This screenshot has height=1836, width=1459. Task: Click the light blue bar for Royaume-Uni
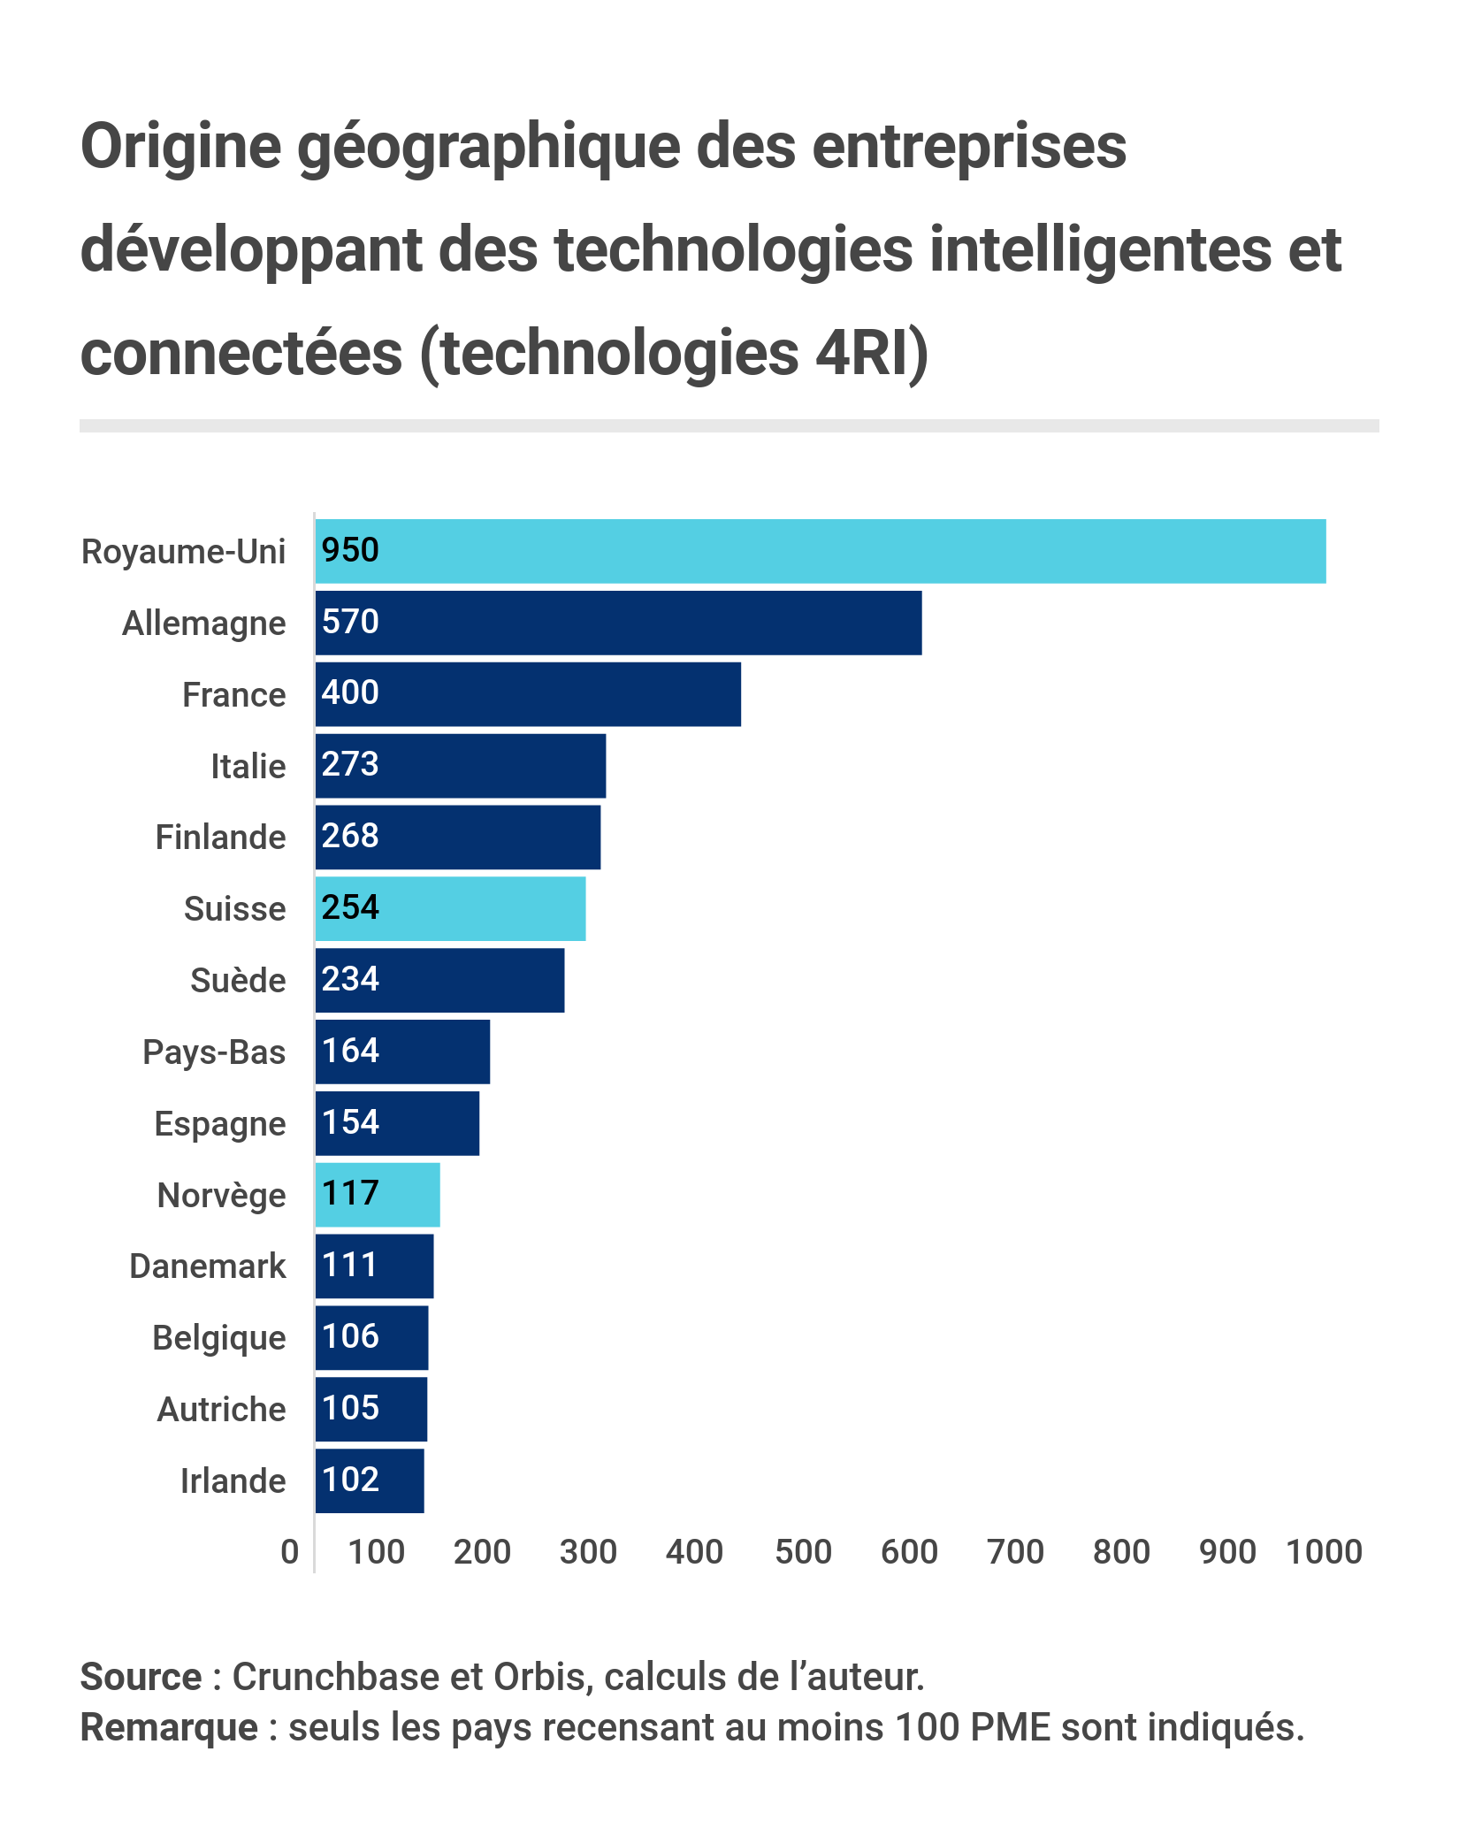[821, 551]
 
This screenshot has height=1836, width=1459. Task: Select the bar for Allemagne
[619, 623]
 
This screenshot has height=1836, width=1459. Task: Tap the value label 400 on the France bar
[350, 692]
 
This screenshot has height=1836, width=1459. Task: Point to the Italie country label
[248, 766]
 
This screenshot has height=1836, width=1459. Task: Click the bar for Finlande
[458, 837]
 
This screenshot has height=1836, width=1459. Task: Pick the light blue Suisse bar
[451, 908]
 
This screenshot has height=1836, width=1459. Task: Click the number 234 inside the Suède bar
[350, 979]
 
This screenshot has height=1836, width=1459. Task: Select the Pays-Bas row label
[214, 1052]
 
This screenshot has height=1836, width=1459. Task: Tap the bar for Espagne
[398, 1123]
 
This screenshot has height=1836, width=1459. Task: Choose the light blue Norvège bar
[378, 1195]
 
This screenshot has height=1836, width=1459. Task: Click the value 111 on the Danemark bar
[350, 1265]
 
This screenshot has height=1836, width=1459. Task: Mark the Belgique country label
[218, 1338]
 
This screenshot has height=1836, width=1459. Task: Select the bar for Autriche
[371, 1409]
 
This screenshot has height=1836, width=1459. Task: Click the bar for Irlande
[370, 1480]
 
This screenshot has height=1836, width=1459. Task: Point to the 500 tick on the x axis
[803, 1552]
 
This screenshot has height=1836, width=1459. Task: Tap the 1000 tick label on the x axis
[1324, 1552]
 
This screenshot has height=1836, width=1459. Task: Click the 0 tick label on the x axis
[290, 1552]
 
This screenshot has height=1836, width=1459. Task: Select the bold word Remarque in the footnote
[169, 1727]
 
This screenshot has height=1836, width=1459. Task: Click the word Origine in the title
[180, 146]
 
